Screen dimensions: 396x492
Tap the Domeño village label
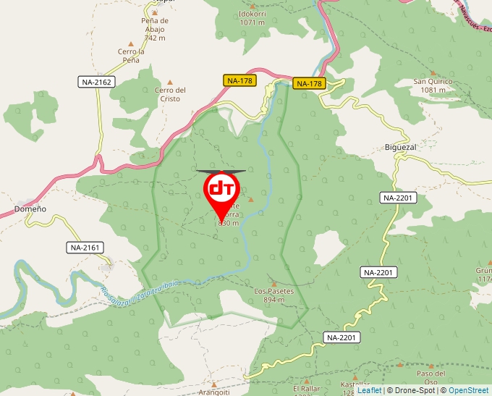tap(30, 208)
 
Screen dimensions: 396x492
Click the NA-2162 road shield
tap(96, 83)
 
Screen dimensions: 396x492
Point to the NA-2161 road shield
tap(86, 248)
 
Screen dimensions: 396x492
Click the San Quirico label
tap(433, 82)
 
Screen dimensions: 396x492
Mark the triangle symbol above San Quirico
tap(433, 72)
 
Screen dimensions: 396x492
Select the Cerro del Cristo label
tap(171, 94)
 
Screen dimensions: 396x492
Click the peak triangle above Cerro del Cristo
tap(171, 82)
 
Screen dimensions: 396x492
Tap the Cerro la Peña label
tap(132, 55)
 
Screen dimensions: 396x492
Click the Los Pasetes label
tap(274, 291)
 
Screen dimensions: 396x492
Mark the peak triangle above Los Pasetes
tap(273, 283)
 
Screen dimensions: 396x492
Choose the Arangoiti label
tap(214, 392)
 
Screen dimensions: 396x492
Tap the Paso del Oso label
tap(430, 377)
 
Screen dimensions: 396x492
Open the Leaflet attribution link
tap(369, 390)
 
